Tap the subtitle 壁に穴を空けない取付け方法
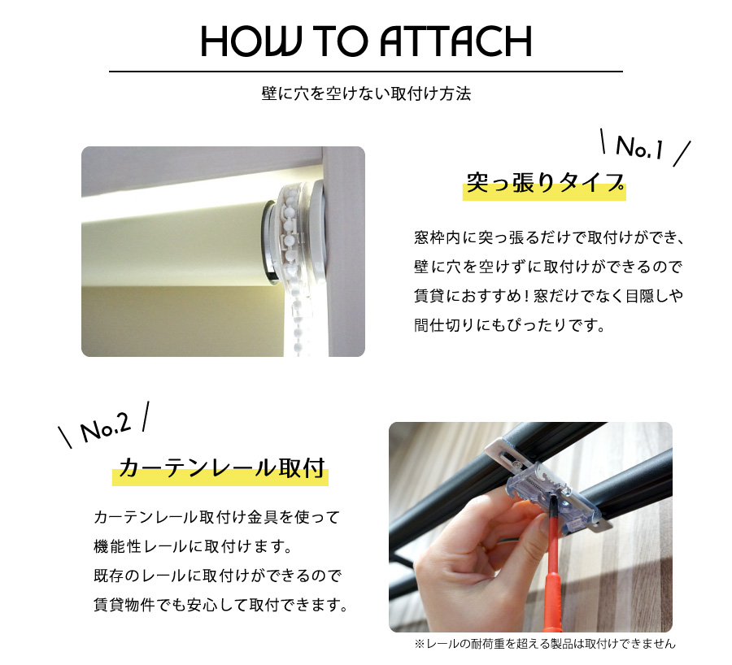[x=366, y=93]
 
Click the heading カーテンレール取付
[x=221, y=468]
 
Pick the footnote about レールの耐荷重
[x=544, y=644]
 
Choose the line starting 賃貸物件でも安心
[x=220, y=606]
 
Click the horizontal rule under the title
[x=366, y=72]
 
